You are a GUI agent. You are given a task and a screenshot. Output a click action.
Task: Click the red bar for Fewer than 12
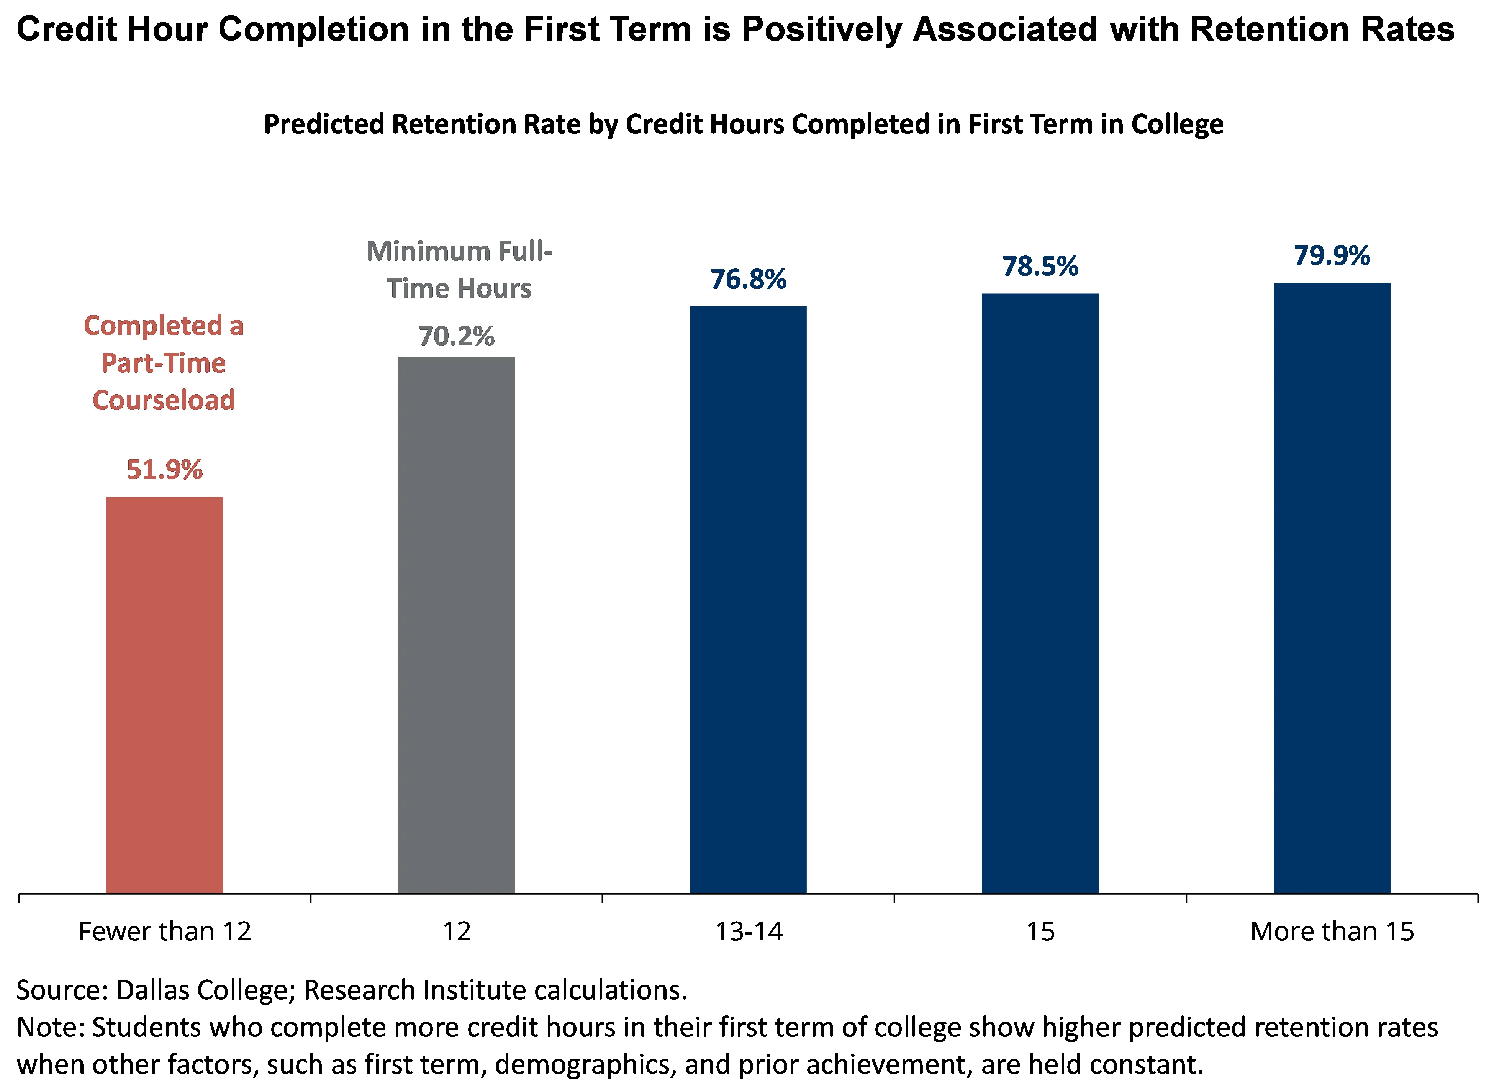(x=165, y=695)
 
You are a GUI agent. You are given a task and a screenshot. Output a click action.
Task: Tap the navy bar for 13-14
(x=748, y=599)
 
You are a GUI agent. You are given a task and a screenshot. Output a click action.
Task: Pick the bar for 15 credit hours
(x=1040, y=593)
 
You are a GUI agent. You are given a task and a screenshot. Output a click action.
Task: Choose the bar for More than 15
(x=1332, y=588)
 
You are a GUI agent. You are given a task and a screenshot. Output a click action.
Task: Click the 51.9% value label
(x=165, y=470)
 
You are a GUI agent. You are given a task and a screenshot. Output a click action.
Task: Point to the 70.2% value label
(x=457, y=337)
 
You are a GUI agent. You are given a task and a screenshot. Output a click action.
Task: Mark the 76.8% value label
(x=748, y=279)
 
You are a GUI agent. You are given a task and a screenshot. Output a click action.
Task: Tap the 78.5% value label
(x=1040, y=267)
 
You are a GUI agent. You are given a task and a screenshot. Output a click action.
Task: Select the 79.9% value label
(x=1332, y=255)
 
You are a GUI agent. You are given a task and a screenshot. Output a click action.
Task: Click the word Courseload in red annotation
(x=163, y=400)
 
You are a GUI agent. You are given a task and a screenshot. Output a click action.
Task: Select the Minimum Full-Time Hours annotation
(x=459, y=270)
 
